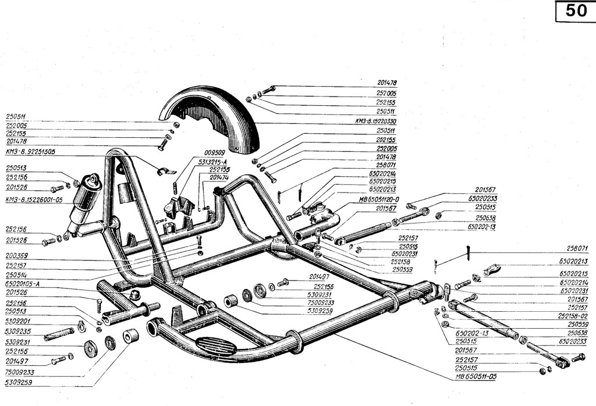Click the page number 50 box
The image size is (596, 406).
[574, 12]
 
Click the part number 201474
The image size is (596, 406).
[218, 176]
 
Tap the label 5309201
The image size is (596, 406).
[16, 320]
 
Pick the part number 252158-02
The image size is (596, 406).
[573, 316]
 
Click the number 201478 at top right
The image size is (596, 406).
[386, 83]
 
